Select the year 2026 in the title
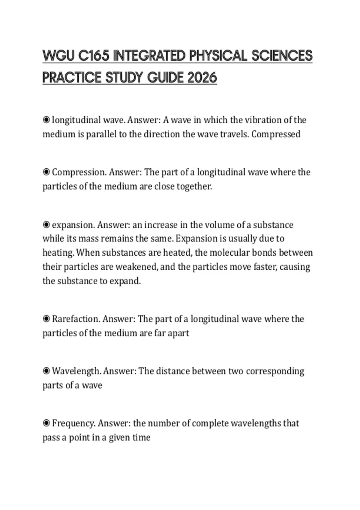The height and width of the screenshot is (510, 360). pyautogui.click(x=202, y=78)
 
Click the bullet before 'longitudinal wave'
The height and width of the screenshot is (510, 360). pyautogui.click(x=46, y=120)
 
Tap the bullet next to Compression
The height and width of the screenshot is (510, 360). pyautogui.click(x=46, y=172)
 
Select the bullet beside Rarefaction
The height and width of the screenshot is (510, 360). pyautogui.click(x=46, y=319)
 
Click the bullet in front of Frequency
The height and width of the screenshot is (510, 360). pyautogui.click(x=46, y=423)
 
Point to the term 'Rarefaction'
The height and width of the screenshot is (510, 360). pyautogui.click(x=76, y=319)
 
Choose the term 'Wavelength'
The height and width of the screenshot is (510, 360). pyautogui.click(x=76, y=371)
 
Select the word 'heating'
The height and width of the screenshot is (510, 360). pyautogui.click(x=58, y=253)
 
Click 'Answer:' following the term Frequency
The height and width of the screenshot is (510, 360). pyautogui.click(x=114, y=423)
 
